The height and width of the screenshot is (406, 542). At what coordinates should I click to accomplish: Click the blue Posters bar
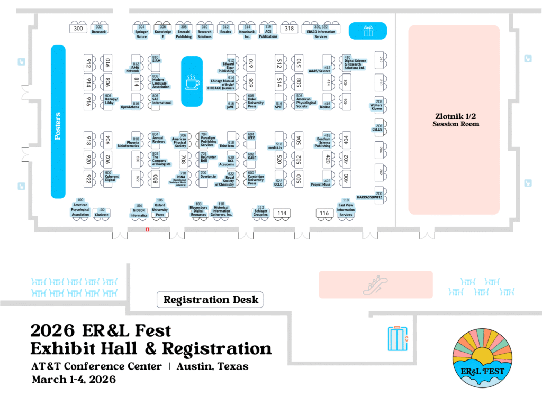[x=58, y=122]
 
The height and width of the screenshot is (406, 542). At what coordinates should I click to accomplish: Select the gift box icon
[x=367, y=31]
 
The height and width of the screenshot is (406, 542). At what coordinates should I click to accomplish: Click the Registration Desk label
[x=210, y=300]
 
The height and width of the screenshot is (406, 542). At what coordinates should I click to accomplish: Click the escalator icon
[x=375, y=284]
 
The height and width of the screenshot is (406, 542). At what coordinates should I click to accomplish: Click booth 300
[x=78, y=29]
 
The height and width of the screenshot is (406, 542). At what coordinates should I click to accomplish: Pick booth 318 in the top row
[x=288, y=29]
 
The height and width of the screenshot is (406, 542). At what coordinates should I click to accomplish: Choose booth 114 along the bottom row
[x=282, y=213]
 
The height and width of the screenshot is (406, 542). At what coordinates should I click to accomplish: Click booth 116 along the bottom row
[x=324, y=213]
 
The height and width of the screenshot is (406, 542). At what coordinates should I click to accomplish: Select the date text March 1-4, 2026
[x=74, y=380]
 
